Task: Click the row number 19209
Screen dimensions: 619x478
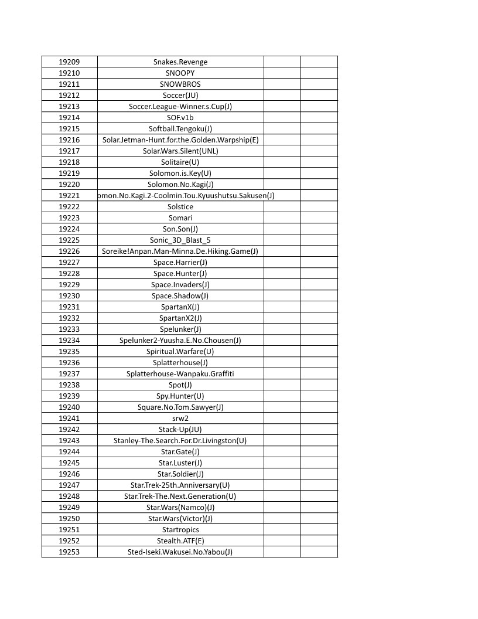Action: [x=69, y=62]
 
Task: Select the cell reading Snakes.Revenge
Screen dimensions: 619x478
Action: [x=180, y=62]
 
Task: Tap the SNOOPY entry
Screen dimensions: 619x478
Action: [x=180, y=73]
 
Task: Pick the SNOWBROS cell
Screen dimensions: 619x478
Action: [x=180, y=84]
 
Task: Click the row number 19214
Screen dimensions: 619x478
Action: [x=69, y=118]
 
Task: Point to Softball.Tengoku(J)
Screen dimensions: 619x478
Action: [x=180, y=129]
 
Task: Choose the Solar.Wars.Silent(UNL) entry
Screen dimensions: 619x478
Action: [x=180, y=151]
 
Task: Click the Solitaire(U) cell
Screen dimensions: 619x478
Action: [x=180, y=162]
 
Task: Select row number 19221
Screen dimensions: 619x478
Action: [x=69, y=196]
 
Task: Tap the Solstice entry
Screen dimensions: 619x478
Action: [x=180, y=207]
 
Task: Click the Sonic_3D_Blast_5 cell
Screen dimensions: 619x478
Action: [x=180, y=240]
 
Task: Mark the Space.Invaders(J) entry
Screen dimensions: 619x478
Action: [x=180, y=285]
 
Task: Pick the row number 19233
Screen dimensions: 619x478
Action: [x=69, y=329]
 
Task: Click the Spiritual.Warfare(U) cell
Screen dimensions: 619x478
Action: [x=180, y=352]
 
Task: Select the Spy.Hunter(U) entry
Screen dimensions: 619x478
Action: [x=180, y=396]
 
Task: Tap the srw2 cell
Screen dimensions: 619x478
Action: [x=180, y=419]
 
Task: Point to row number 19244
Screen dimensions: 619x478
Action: [x=69, y=452]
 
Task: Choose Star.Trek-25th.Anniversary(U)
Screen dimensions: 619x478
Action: [x=180, y=485]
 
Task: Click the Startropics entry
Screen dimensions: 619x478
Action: [x=180, y=530]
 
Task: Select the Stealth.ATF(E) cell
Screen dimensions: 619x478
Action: [x=180, y=541]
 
